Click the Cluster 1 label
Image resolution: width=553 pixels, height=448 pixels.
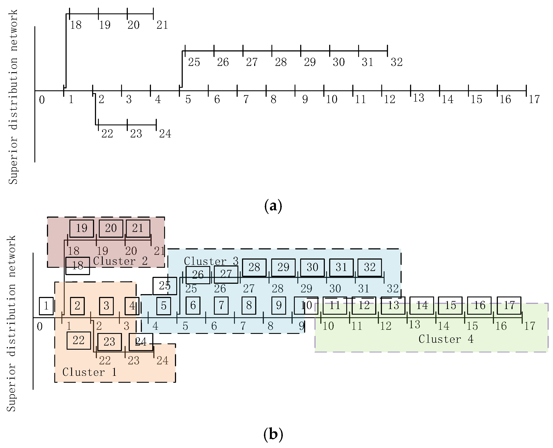pyautogui.click(x=89, y=372)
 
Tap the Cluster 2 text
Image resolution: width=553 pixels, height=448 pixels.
pyautogui.click(x=120, y=261)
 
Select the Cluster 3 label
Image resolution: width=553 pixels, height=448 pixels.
pyautogui.click(x=211, y=261)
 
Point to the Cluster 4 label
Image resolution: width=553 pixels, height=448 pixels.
pyautogui.click(x=446, y=339)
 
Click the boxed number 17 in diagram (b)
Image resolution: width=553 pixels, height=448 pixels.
pyautogui.click(x=509, y=306)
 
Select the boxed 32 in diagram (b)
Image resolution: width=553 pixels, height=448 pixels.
pyautogui.click(x=370, y=267)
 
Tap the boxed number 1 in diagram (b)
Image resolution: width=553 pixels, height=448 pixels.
pyautogui.click(x=46, y=306)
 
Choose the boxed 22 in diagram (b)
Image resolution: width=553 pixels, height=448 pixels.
pyautogui.click(x=79, y=341)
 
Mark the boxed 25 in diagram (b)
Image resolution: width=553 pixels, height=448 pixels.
pyautogui.click(x=165, y=286)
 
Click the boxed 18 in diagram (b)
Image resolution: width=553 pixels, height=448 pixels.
pyautogui.click(x=77, y=266)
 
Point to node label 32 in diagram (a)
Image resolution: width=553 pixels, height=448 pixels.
pyautogui.click(x=396, y=62)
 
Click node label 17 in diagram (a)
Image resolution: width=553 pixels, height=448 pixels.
pyautogui.click(x=534, y=99)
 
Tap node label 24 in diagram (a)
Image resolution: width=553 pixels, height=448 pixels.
pyautogui.click(x=165, y=134)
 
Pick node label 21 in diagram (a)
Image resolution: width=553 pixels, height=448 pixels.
pyautogui.click(x=162, y=25)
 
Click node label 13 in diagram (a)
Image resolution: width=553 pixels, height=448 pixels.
pyautogui.click(x=418, y=98)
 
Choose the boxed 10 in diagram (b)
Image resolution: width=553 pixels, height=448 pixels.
pyautogui.click(x=306, y=306)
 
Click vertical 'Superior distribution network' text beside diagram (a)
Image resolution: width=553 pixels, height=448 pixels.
pyautogui.click(x=13, y=97)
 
